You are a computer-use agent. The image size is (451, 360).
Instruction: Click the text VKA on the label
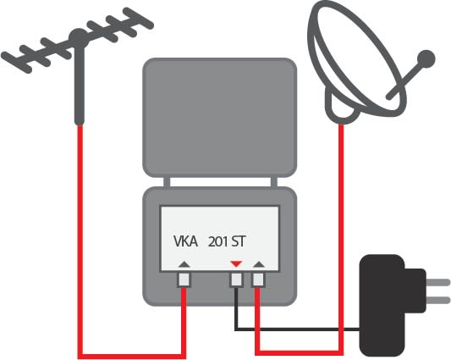185,241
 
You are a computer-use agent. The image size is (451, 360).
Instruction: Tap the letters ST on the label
239,241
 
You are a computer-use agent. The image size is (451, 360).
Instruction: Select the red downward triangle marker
236,263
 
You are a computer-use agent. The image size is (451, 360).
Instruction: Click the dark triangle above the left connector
184,264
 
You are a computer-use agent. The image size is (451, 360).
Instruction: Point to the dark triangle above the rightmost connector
259,264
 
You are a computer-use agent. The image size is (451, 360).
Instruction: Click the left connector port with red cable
184,280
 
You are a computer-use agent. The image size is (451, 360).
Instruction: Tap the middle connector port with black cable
236,280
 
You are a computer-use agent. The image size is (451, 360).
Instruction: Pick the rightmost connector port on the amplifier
258,280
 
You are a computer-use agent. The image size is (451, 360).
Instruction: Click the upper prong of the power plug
437,283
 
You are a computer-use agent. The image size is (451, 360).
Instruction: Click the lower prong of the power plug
437,301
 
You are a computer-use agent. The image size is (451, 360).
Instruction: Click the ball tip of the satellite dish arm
426,58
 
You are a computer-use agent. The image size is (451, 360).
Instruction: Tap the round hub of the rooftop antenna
78,37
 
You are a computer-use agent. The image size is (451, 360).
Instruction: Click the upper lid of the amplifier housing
220,118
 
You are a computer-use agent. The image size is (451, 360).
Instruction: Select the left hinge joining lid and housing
167,182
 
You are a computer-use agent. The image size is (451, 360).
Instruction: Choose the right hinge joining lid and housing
274,182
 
